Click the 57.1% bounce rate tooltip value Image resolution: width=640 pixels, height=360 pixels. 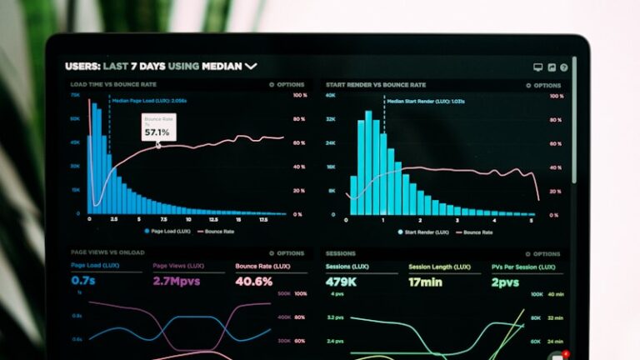pos(157,132)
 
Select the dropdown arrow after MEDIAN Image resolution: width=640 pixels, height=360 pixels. pos(251,66)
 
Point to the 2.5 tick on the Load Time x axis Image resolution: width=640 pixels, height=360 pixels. pos(114,220)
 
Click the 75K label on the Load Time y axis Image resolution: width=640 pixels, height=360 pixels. pos(75,95)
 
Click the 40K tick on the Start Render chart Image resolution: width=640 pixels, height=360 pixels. pos(331,95)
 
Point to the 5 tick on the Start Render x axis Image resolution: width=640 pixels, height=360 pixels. pos(532,220)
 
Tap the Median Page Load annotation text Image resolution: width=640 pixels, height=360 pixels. pos(149,101)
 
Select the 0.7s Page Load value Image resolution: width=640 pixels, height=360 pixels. pos(83,282)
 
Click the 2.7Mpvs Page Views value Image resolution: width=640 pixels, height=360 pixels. pos(177,282)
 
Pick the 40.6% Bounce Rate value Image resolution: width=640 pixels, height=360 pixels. pos(254,282)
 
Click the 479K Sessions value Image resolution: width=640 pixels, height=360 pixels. pos(342,282)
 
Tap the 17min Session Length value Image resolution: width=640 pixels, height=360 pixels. pos(425,282)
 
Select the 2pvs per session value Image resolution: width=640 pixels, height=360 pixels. pos(506,282)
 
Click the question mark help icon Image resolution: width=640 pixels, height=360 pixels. pos(564,67)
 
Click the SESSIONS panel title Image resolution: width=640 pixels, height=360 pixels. pos(340,253)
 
